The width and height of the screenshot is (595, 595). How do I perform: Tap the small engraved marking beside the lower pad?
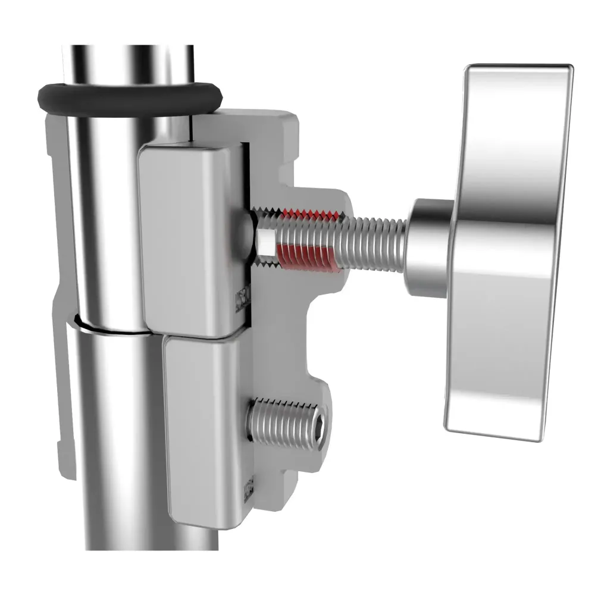pos(250,488)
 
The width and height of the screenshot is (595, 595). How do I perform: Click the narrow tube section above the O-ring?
pos(128,62)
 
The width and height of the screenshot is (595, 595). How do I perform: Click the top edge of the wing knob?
pos(518,67)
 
